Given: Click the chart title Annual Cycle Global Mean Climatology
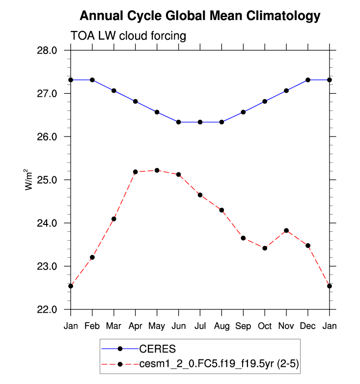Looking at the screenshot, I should (199, 16).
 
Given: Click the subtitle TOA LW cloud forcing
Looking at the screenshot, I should (128, 36).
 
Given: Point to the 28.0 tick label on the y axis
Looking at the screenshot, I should (48, 50).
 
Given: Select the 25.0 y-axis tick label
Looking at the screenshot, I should (48, 180).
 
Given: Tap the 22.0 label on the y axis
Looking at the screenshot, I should (48, 310).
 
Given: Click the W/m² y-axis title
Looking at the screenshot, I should (29, 180).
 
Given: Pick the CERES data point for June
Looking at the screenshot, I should (178, 122).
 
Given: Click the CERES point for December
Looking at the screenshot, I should (308, 80).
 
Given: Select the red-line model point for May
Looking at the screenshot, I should (157, 170).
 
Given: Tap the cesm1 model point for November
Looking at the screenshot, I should (286, 230).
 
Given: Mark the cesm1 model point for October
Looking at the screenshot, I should (265, 248).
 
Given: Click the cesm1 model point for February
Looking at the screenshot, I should (92, 257).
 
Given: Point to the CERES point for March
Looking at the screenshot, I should (114, 90).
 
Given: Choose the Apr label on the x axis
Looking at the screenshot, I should (136, 327).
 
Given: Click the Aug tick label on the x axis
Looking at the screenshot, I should (222, 327).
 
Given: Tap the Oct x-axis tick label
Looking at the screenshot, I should (265, 327).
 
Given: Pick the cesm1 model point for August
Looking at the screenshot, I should (222, 210).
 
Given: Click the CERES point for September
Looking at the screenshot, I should (243, 112).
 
